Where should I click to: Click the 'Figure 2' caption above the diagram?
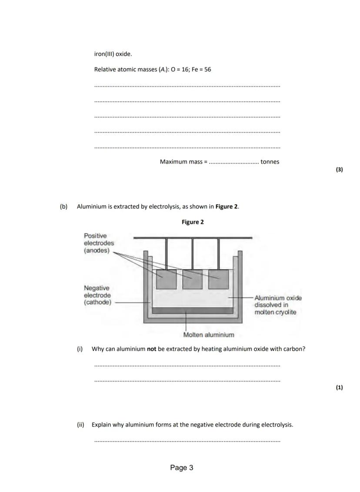[x=193, y=222]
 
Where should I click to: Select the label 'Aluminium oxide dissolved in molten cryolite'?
[x=278, y=305]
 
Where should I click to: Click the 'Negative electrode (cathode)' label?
[x=97, y=295]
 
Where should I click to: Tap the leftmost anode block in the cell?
[x=166, y=279]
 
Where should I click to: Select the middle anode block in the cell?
[x=192, y=279]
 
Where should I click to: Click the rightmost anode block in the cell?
[x=218, y=279]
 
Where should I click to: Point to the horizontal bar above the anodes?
[x=193, y=238]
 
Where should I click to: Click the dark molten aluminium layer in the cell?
[x=193, y=310]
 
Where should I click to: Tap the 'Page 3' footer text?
[x=182, y=468]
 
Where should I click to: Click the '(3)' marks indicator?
[x=339, y=170]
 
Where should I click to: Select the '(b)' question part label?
[x=64, y=207]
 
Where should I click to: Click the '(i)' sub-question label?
[x=80, y=349]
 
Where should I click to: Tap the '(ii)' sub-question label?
[x=81, y=425]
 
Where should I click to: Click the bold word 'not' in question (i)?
[x=151, y=349]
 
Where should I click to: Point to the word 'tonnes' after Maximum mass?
[x=270, y=162]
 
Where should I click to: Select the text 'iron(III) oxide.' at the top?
[x=113, y=54]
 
